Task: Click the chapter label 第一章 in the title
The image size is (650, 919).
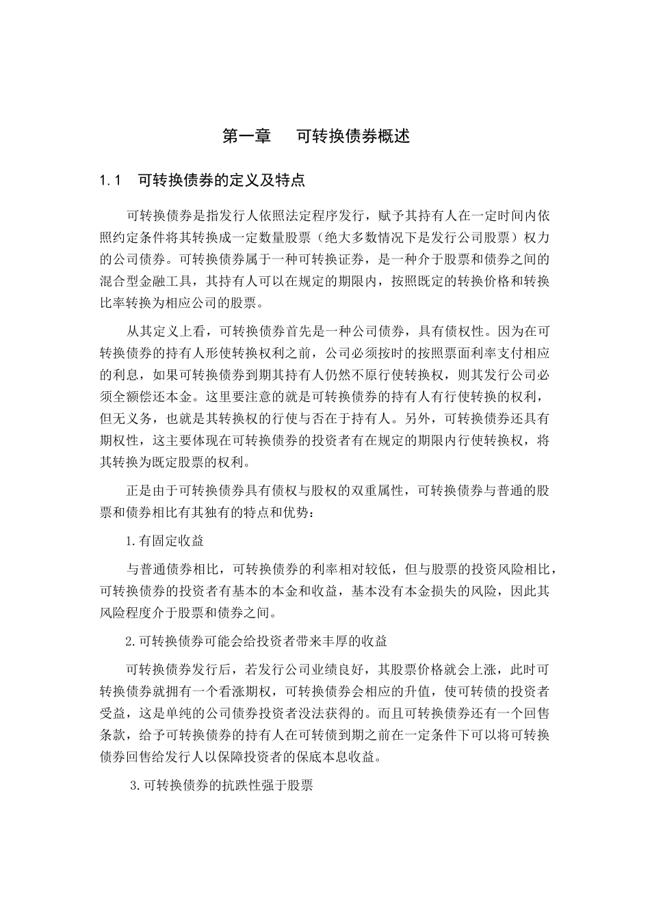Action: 247,136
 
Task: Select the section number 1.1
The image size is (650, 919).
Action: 109,181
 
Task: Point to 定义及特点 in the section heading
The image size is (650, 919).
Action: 267,181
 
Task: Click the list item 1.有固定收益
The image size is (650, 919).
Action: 165,541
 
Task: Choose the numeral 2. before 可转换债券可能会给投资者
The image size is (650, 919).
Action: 131,641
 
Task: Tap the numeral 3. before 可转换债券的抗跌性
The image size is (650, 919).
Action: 135,786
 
